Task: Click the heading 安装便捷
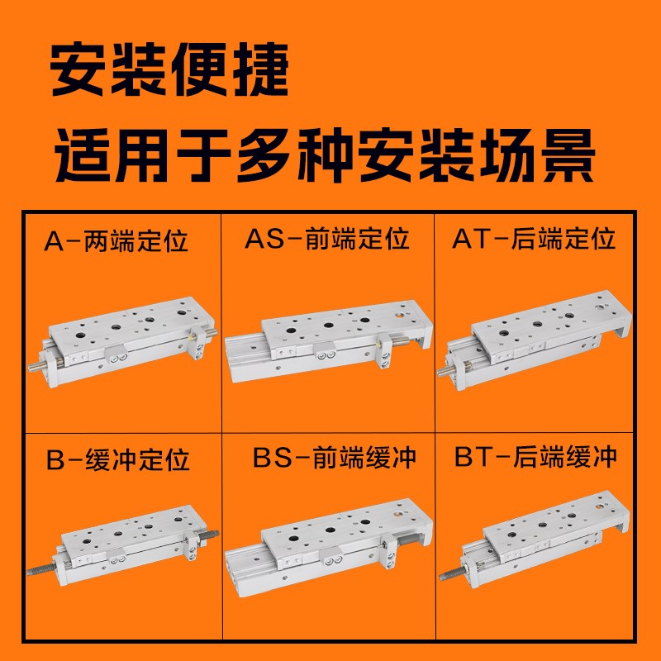[x=170, y=69]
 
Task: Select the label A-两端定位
[x=117, y=242]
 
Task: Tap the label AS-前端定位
[x=327, y=240]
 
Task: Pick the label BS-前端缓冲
[x=334, y=457]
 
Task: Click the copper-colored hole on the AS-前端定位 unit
[x=402, y=315]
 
